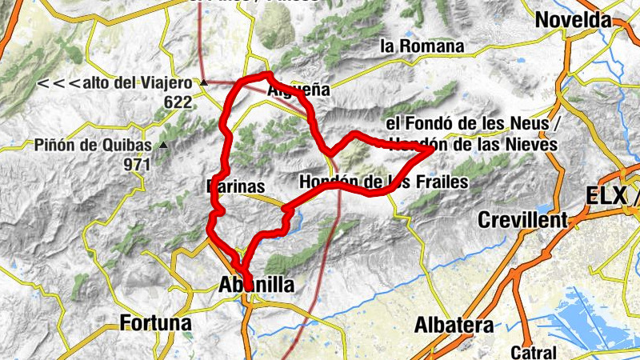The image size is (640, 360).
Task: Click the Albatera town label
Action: click(x=454, y=325)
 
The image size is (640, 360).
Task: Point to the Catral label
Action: click(x=534, y=351)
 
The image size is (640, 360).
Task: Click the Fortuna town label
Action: click(x=156, y=323)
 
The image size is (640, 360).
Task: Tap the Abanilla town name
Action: click(x=256, y=285)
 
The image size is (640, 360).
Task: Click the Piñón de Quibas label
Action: click(x=93, y=146)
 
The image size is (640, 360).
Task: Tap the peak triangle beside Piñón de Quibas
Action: click(x=163, y=146)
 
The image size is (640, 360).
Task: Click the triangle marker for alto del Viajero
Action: click(x=204, y=82)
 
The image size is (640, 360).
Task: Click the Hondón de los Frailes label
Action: click(x=384, y=182)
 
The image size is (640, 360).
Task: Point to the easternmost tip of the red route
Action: click(x=432, y=149)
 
